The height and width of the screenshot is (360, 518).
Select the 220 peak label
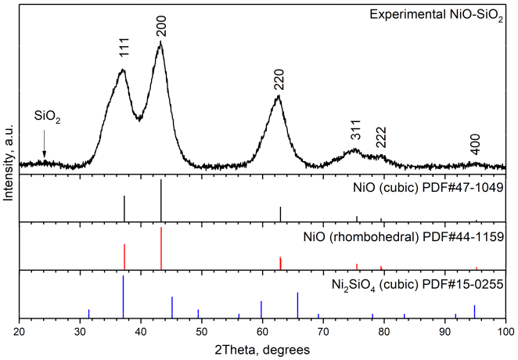(x=279, y=79)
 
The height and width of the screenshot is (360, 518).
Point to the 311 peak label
(x=355, y=134)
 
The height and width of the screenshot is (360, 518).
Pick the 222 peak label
(x=380, y=137)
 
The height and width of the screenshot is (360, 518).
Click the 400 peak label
(x=475, y=144)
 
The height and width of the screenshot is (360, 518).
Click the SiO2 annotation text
(x=47, y=117)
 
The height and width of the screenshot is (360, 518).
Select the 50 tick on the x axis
(x=201, y=332)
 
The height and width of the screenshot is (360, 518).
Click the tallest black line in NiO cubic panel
(x=161, y=200)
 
